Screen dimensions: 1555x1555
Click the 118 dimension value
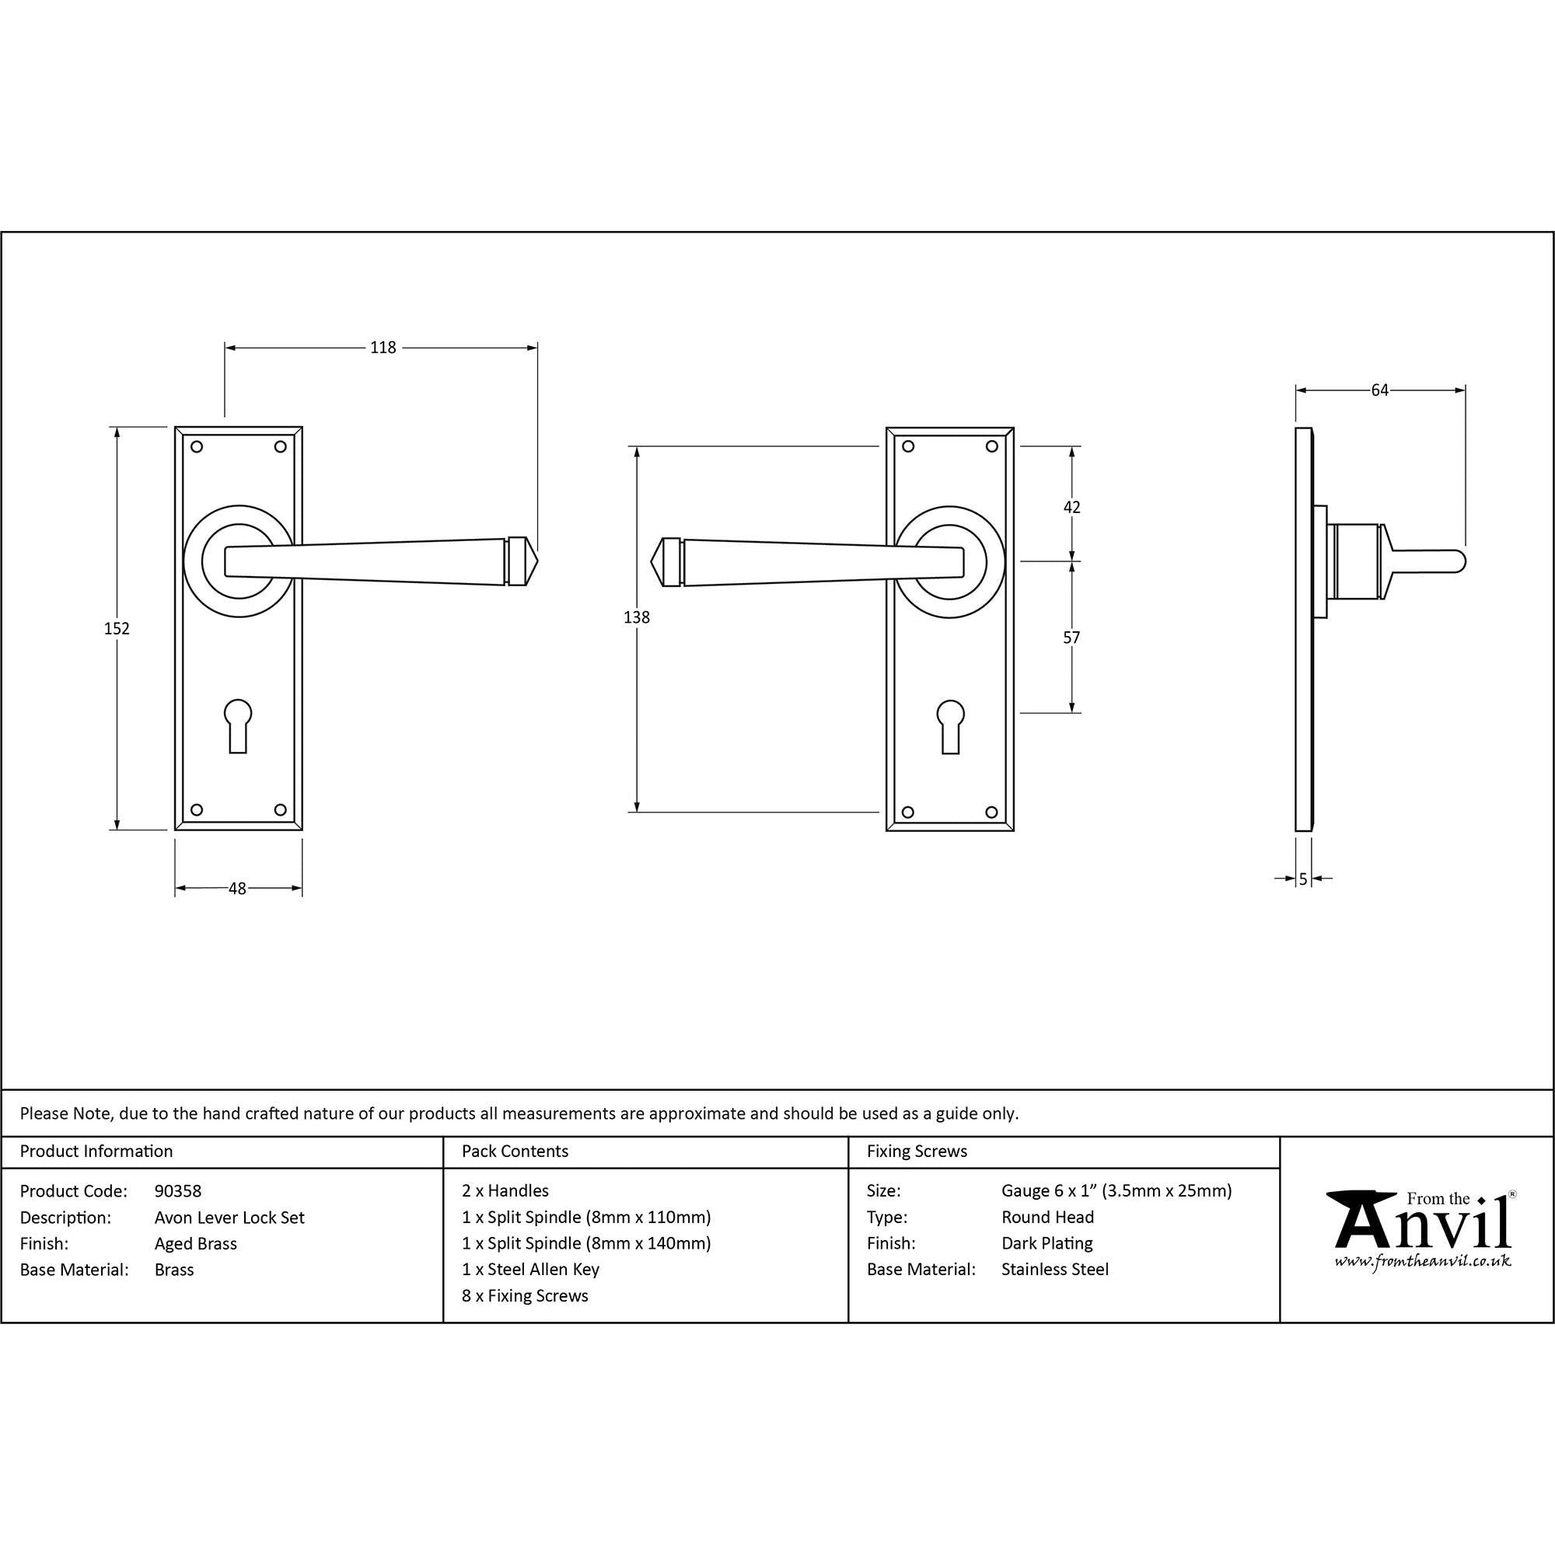383,348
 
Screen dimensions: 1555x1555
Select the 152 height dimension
117,628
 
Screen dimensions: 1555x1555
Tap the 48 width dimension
236,889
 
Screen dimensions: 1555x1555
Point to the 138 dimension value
637,617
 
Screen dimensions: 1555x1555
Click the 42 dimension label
1071,507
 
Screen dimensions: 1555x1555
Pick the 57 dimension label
1071,638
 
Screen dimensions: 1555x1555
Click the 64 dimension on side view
1379,390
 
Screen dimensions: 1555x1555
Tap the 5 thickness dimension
1303,879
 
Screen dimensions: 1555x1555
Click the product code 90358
178,1190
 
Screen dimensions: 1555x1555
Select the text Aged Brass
196,1243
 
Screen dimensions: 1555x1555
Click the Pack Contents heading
515,1151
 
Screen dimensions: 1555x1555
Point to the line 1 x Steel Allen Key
530,1270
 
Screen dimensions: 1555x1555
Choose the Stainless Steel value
1054,1270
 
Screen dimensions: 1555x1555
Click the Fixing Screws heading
917,1151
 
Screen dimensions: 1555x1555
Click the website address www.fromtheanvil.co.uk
1422,1262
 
